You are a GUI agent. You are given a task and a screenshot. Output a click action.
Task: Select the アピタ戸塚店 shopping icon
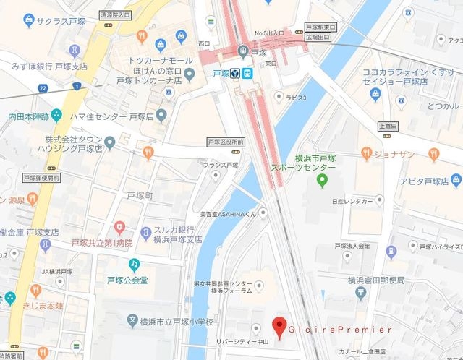tap(456, 179)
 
